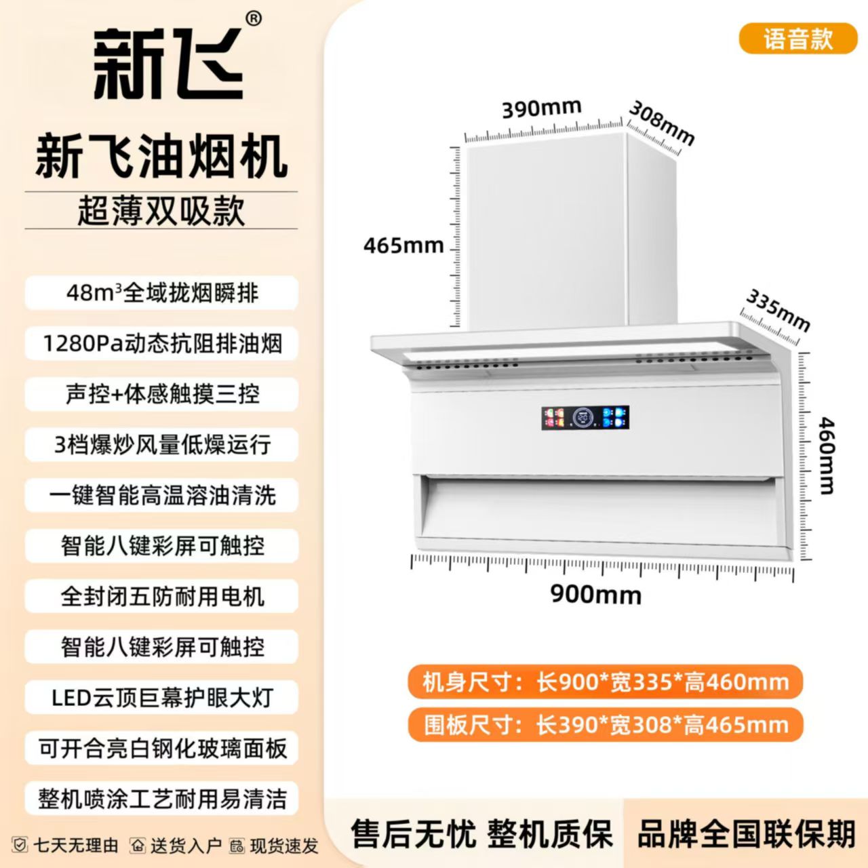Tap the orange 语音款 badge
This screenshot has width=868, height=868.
798,39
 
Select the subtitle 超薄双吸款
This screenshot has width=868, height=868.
161,211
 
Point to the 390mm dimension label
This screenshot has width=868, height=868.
542,108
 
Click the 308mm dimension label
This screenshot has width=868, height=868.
660,123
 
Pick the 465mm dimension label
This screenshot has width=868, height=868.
403,246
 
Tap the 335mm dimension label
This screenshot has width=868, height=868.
777,311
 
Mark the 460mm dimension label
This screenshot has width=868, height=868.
826,456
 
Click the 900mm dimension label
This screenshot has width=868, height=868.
596,595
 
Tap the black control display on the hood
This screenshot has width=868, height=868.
585,418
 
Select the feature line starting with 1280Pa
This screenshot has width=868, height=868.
162,344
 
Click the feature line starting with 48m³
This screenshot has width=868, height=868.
162,293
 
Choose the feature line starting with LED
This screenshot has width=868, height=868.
162,698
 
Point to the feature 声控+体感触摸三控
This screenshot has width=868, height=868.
162,395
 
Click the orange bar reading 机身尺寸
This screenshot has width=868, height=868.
606,682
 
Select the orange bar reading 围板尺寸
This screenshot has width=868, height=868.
606,725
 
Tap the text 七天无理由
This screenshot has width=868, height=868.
76,846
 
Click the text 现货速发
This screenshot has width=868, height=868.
284,846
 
